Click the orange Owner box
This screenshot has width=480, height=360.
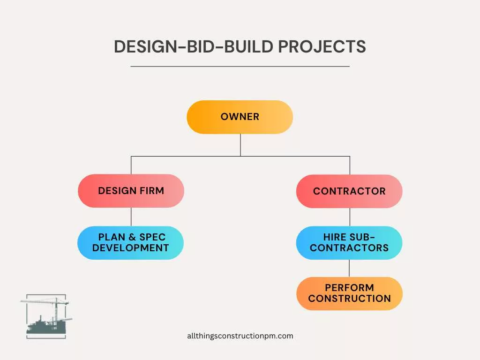coord(240,117)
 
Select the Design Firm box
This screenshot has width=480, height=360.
coord(131,191)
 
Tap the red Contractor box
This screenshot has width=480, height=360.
coord(349,191)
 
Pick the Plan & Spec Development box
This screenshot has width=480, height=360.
coord(130,243)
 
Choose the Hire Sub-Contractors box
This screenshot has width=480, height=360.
coord(349,243)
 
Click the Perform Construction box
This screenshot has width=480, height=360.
coord(349,293)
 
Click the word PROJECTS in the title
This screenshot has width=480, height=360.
coord(322,47)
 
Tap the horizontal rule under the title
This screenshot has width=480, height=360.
coord(240,67)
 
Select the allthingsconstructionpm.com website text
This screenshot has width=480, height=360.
coord(240,336)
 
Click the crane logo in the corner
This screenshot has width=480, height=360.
coord(46,316)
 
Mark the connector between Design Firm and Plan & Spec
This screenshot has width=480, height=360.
coord(131,217)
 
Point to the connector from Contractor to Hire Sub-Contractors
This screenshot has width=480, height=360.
coord(350,217)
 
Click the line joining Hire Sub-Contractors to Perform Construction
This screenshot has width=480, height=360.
coord(349,268)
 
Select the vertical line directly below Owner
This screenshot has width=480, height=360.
coord(240,145)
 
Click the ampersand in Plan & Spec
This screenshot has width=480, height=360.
coord(133,237)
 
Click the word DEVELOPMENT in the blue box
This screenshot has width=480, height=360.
coord(130,248)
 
